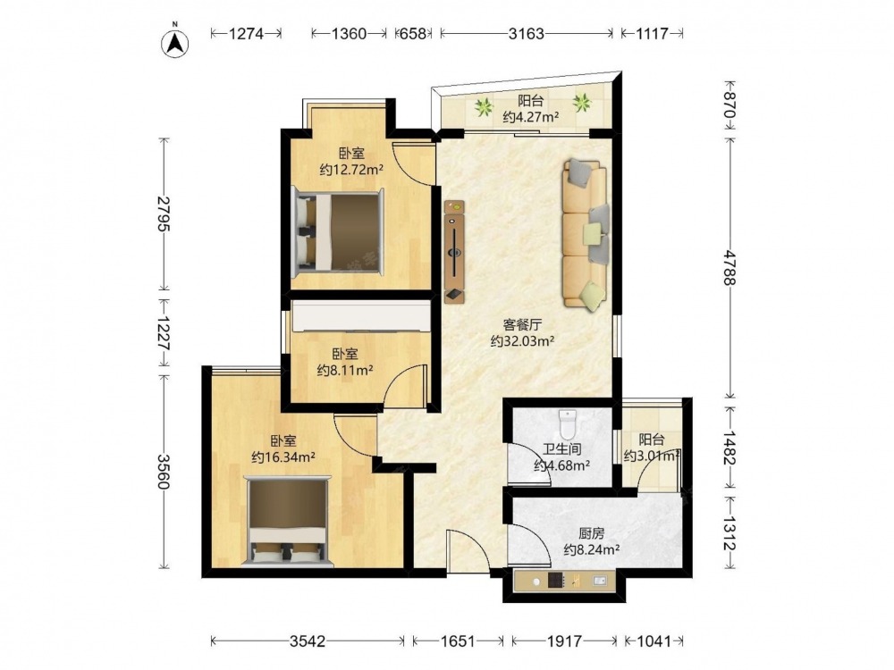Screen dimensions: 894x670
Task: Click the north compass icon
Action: (x=175, y=42)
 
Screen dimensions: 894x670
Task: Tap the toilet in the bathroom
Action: (x=568, y=423)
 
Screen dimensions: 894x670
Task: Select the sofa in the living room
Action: (x=586, y=235)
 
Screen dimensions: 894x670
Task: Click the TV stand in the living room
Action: (x=454, y=251)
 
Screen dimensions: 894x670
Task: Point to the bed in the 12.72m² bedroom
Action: (x=338, y=232)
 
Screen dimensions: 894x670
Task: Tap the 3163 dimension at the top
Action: (x=527, y=34)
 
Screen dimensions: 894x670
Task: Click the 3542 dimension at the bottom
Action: (x=308, y=641)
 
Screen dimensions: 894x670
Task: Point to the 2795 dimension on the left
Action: (x=164, y=214)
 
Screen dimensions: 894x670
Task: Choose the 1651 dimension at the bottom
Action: (x=458, y=641)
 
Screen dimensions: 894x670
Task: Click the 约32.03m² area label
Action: (x=523, y=341)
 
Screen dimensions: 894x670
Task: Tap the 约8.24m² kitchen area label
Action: (x=592, y=549)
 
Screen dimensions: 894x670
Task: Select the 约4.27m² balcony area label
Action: (x=530, y=117)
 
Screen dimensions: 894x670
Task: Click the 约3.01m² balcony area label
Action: (x=653, y=456)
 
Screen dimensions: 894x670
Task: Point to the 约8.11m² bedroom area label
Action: (x=345, y=371)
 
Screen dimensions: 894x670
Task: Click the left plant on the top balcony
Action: (x=484, y=106)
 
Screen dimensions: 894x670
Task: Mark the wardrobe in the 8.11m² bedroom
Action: (x=361, y=316)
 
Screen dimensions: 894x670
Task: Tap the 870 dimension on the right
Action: (x=730, y=106)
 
